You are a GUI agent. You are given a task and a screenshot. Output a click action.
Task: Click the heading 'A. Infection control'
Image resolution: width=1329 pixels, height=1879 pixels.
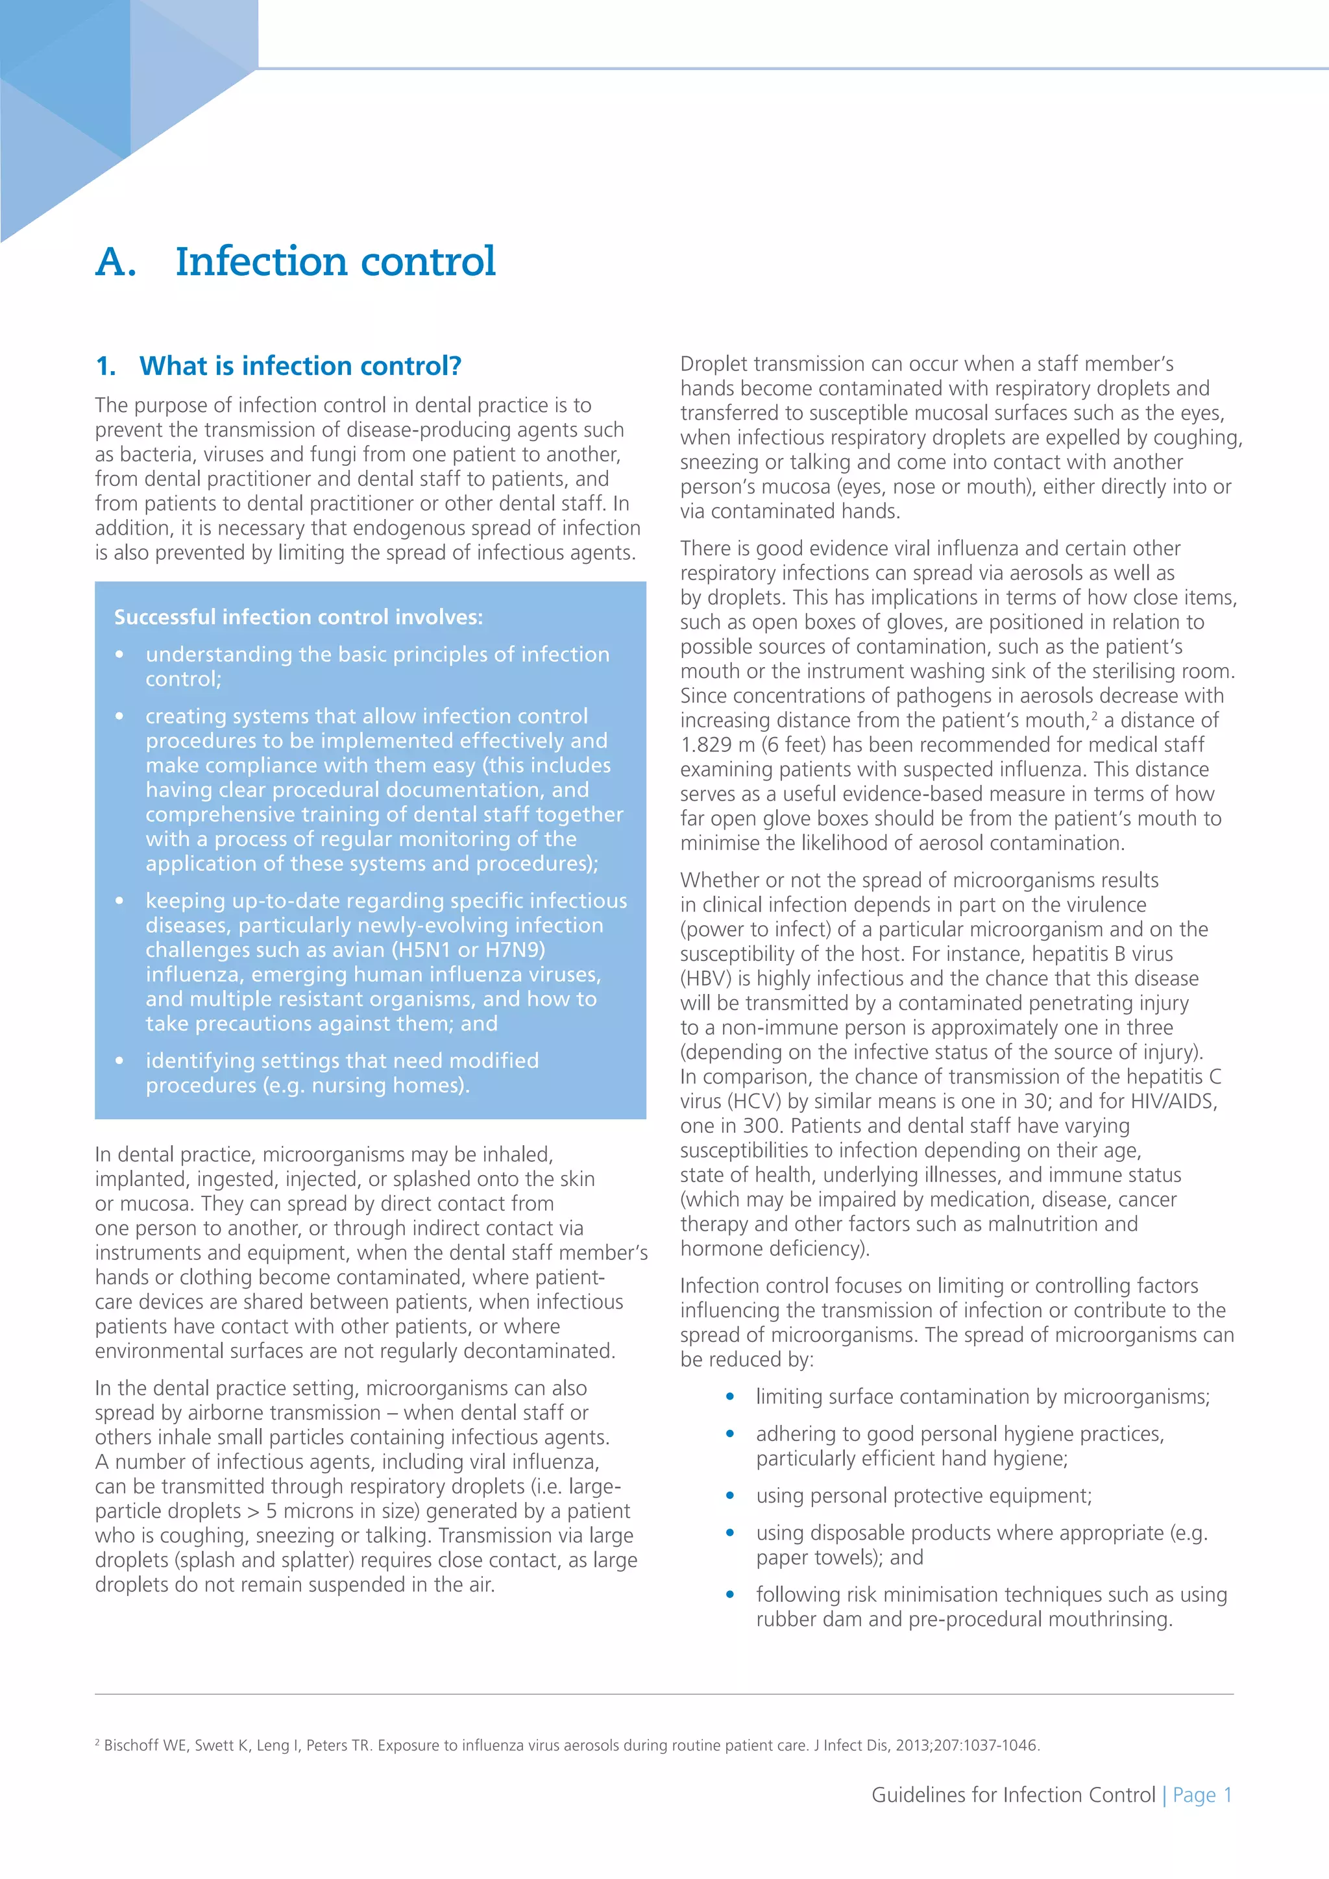[295, 262]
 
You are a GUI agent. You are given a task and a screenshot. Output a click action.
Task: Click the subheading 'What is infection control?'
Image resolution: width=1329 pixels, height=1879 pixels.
[300, 366]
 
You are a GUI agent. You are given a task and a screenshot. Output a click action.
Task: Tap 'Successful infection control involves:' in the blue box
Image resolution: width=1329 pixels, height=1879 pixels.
[298, 617]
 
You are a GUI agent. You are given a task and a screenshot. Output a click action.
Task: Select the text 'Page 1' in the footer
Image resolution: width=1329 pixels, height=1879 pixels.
[1202, 1795]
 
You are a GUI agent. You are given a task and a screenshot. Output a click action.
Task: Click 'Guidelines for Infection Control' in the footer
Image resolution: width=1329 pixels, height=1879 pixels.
[1013, 1795]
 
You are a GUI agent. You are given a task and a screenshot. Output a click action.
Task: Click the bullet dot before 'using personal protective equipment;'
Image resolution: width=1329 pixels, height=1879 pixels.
[730, 1497]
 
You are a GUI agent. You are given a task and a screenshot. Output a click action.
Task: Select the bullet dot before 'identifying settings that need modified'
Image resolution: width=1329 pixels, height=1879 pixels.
[119, 1061]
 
